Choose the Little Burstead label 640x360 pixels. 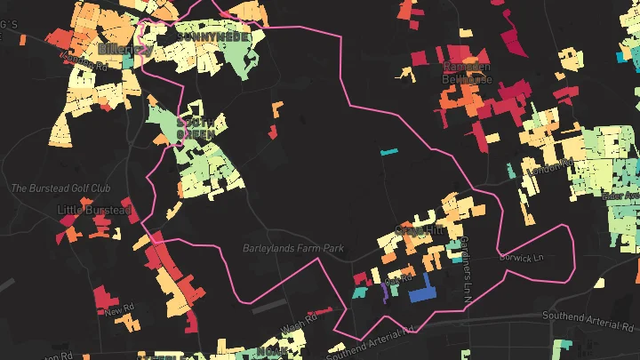(x=93, y=210)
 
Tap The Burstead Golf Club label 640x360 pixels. (x=60, y=188)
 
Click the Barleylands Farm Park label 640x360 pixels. (x=293, y=249)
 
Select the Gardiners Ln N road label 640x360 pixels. (x=463, y=268)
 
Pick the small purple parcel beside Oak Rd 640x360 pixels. (x=384, y=292)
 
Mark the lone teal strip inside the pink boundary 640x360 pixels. (x=389, y=152)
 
